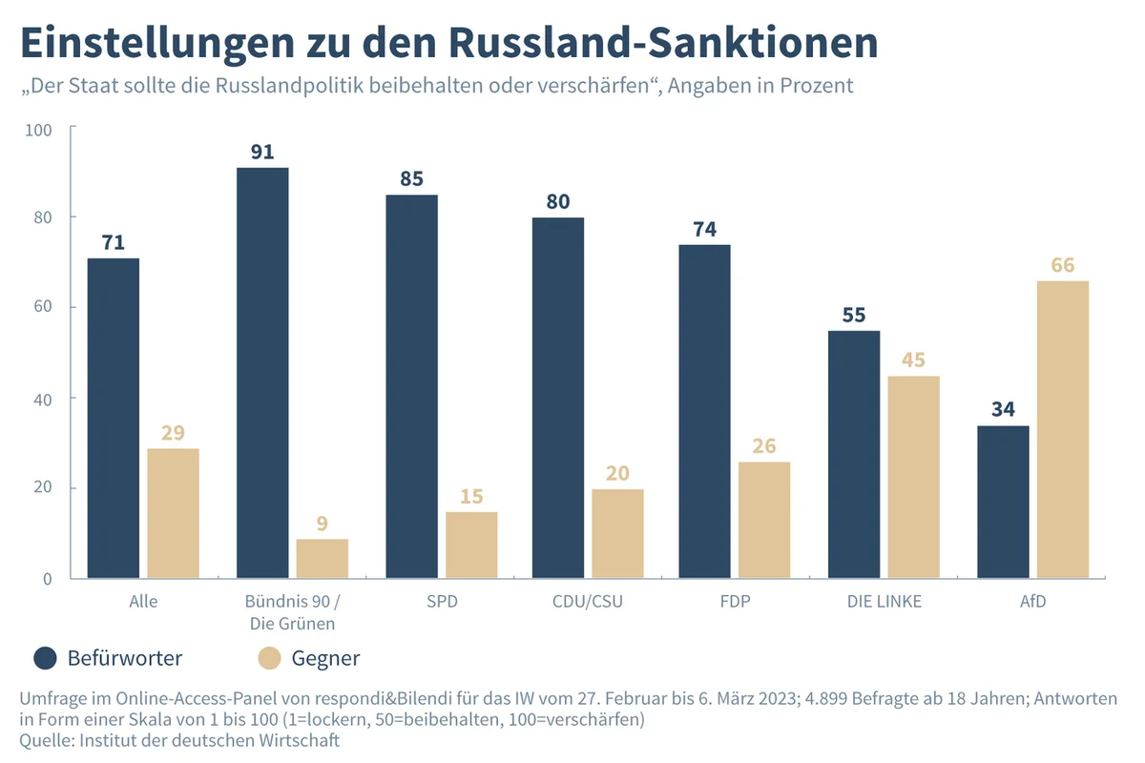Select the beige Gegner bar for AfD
pos(1062,429)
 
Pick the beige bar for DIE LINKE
pos(913,477)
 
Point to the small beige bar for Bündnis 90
pos(322,559)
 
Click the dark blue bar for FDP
pos(705,411)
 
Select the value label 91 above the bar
pos(262,152)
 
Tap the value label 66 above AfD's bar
pos(1062,265)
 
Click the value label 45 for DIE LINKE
pos(913,361)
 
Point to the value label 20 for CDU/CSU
pos(617,474)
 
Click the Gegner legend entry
pos(309,658)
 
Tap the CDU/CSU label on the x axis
pos(588,602)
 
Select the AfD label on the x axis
pos(1033,602)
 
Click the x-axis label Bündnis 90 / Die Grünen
pos(292,612)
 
